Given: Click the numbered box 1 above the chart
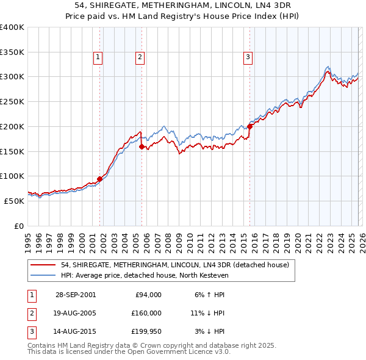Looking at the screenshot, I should (98, 57).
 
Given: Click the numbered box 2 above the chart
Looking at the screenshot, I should (140, 57).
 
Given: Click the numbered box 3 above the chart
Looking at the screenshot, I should (248, 57).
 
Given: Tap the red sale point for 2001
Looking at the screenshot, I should (100, 179).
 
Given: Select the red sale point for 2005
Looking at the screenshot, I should (142, 146).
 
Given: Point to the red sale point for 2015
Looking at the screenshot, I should (250, 126).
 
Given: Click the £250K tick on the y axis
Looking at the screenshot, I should (12, 101).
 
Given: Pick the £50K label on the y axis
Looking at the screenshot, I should (14, 200).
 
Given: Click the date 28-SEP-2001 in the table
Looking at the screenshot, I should (75, 295).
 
